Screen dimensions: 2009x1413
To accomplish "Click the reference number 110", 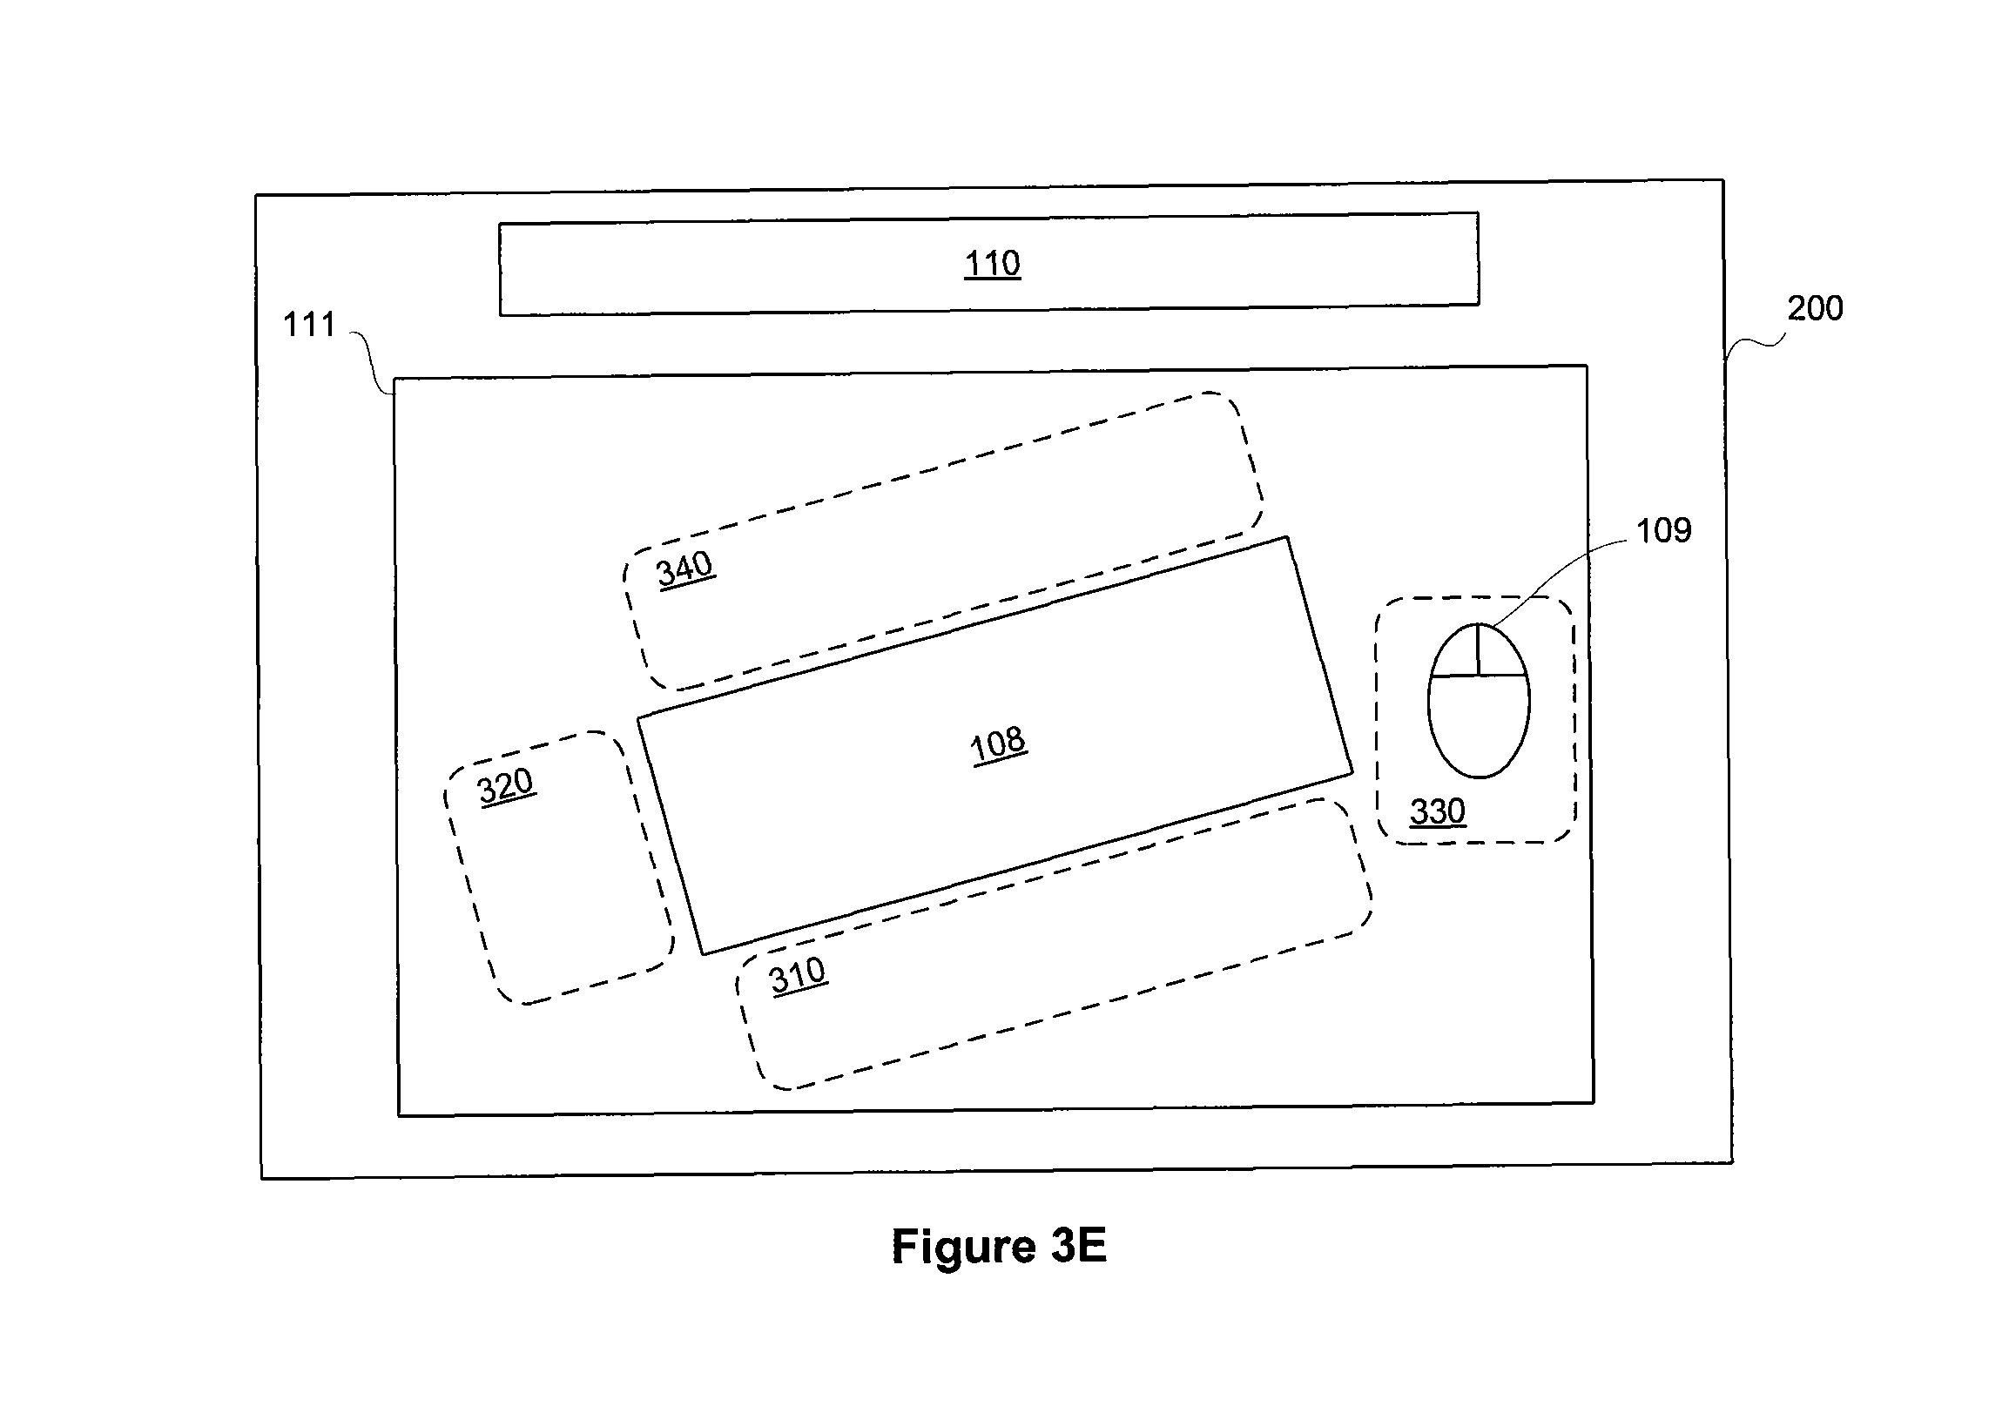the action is coord(992,262).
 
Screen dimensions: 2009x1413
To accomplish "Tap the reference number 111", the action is coord(309,325).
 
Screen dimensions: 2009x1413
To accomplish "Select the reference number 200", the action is coord(1815,308).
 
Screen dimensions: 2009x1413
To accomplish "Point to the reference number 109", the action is coord(1663,530).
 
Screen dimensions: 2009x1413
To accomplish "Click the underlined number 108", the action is coord(998,744).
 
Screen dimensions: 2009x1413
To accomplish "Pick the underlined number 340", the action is coord(685,569).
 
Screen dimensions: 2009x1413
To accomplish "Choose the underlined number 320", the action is coord(505,785).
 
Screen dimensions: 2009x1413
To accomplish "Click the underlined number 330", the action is coord(1437,811).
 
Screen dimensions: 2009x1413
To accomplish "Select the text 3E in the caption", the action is coord(1079,1245).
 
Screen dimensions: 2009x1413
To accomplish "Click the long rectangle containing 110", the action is coord(988,263).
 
